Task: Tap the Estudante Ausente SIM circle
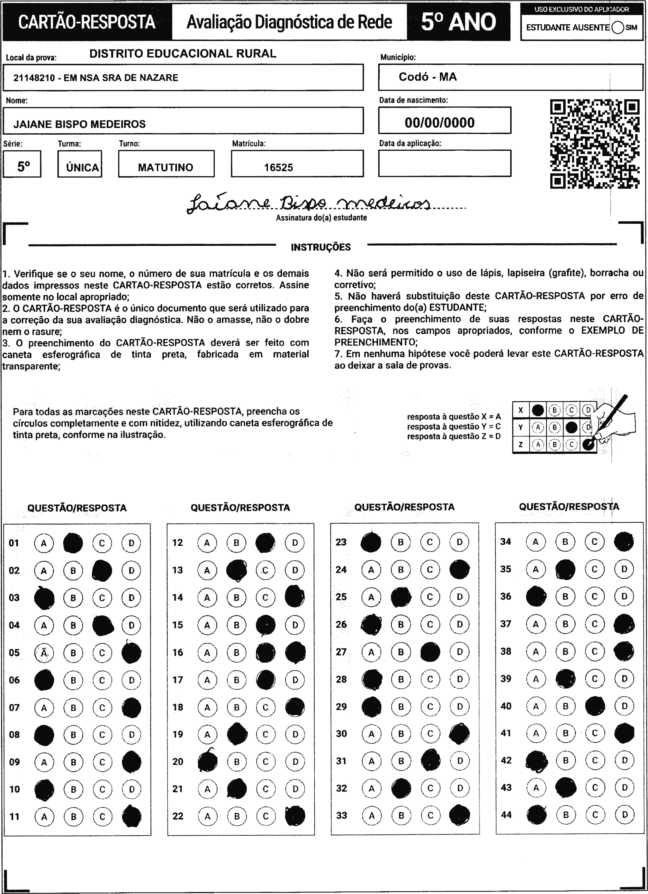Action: point(618,27)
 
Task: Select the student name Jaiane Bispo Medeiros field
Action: point(80,124)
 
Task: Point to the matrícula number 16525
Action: point(278,168)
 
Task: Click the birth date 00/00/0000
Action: point(439,123)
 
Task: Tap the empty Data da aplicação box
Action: point(445,163)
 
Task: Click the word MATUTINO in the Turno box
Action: point(166,168)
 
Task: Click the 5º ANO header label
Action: point(458,22)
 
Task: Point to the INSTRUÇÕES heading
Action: point(321,248)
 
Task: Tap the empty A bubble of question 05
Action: point(44,653)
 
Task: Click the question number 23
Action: point(341,542)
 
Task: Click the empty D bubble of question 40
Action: point(624,706)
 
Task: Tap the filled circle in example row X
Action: point(538,410)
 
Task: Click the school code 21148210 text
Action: point(34,78)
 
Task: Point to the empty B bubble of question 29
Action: point(401,707)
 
